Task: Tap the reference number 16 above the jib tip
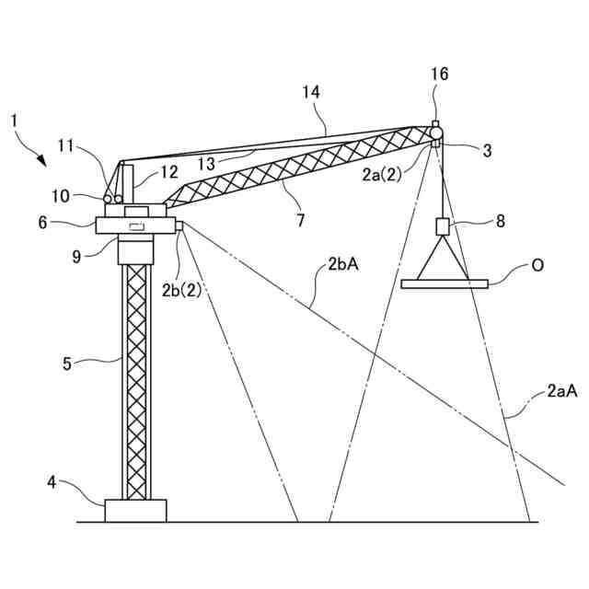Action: click(440, 75)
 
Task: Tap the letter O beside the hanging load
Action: click(537, 266)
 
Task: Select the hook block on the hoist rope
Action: click(442, 226)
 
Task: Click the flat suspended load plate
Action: click(445, 283)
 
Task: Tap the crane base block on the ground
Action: click(135, 510)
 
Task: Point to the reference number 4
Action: click(52, 480)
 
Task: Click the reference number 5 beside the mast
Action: click(67, 363)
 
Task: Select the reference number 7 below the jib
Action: click(300, 221)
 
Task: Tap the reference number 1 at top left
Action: click(14, 121)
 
